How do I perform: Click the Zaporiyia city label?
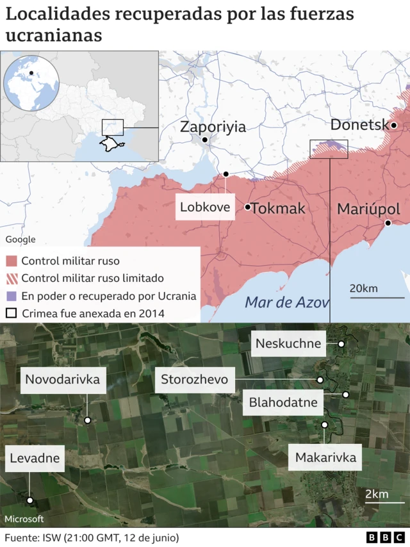213,126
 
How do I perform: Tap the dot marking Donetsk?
394,126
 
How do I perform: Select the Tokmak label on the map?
278,208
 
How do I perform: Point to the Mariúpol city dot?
388,223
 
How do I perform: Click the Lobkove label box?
205,207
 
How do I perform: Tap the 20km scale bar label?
363,288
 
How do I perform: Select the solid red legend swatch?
11,261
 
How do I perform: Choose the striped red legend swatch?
11,279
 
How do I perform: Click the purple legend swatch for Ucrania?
11,296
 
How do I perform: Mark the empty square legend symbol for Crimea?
11,314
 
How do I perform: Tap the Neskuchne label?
288,343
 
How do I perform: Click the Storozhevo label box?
194,380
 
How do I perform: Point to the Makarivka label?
325,457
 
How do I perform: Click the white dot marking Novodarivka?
88,420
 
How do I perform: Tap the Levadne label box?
35,458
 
